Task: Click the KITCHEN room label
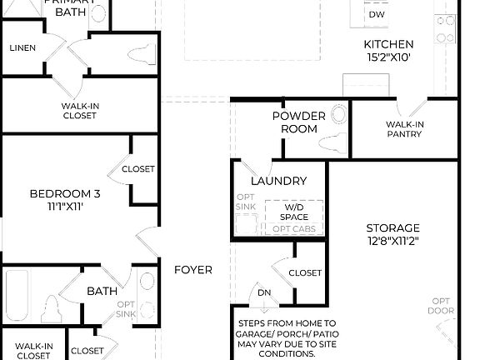pos(387,44)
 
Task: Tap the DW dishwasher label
pos(377,15)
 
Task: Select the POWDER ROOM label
pos(294,122)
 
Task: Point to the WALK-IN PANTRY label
pos(404,129)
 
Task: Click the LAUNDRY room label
pos(278,181)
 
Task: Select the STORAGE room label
pos(392,227)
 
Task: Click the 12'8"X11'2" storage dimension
pos(392,242)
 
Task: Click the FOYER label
pos(192,270)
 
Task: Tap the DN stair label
pos(263,292)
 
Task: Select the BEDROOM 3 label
pos(65,194)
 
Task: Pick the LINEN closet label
pos(22,47)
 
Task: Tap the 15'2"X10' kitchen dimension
pos(387,58)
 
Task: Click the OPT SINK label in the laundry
pos(246,201)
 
